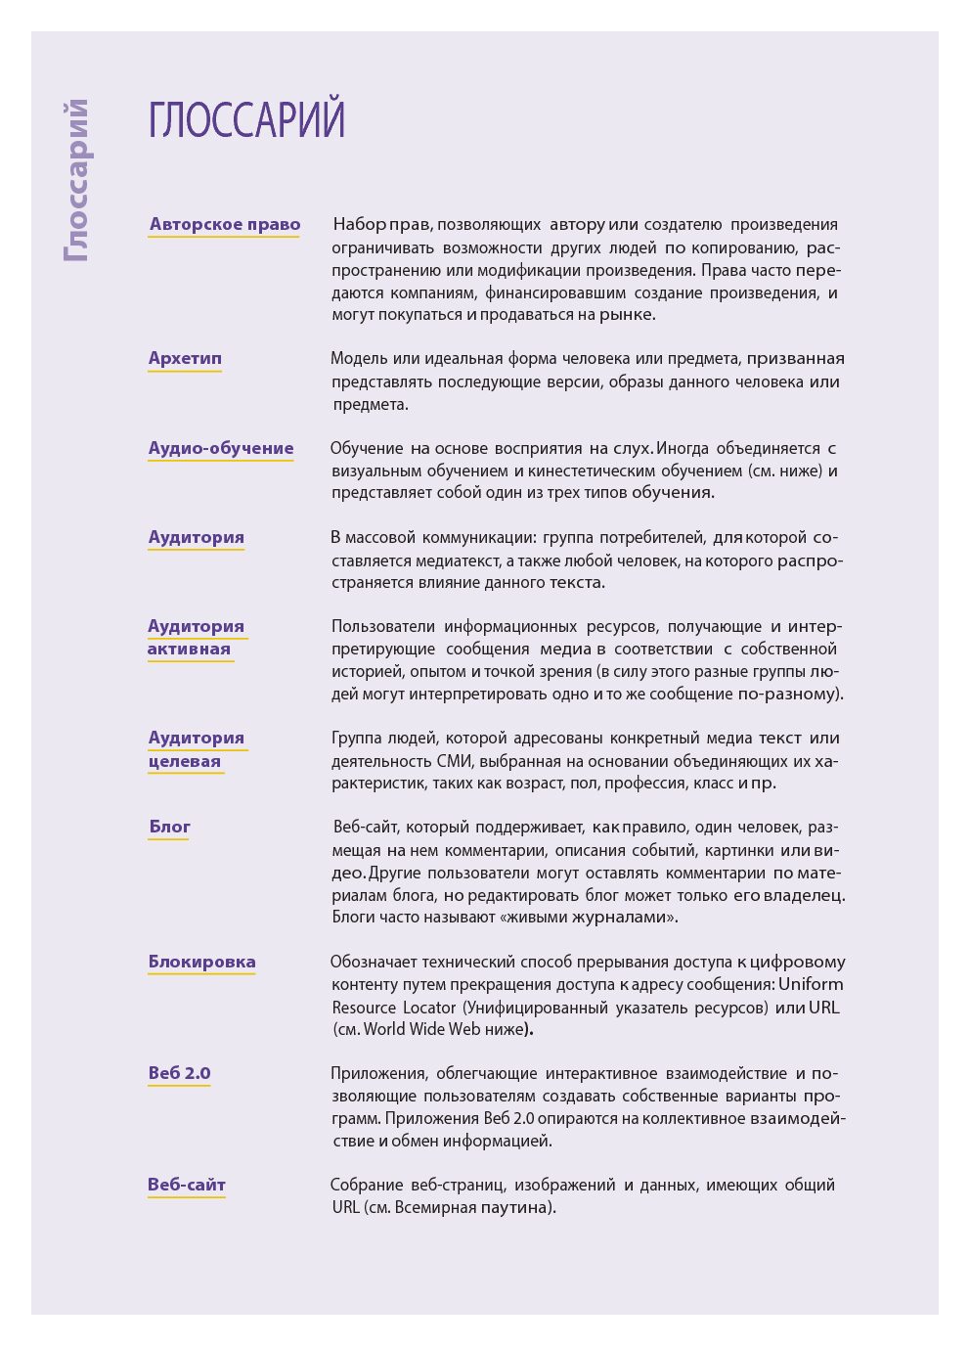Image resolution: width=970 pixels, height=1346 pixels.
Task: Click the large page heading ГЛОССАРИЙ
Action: point(246,119)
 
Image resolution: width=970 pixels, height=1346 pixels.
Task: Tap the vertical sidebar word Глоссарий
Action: point(76,181)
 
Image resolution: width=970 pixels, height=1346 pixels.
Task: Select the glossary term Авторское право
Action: point(225,224)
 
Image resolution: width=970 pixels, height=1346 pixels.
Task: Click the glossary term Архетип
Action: point(185,358)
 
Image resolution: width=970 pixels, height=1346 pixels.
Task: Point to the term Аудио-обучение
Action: point(221,448)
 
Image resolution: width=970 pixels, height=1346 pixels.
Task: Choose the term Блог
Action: point(169,827)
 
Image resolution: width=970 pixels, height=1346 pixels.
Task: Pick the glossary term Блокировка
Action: point(201,962)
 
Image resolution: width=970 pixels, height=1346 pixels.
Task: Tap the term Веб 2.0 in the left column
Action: point(179,1073)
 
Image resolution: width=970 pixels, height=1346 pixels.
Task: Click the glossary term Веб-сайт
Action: point(187,1185)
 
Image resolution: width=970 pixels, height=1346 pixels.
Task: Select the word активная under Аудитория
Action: point(189,649)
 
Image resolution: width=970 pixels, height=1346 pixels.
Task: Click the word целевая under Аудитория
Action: point(185,761)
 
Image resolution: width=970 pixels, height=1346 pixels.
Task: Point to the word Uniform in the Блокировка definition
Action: point(811,984)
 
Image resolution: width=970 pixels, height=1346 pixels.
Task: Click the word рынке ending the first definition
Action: point(626,315)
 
